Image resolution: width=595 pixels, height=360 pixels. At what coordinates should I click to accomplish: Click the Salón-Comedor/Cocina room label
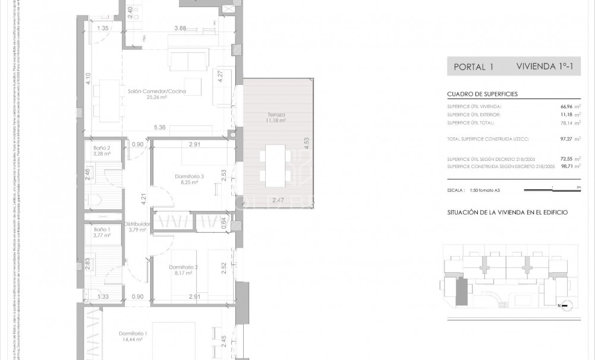click(x=157, y=91)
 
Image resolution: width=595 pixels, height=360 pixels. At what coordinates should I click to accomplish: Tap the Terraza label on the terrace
click(x=276, y=114)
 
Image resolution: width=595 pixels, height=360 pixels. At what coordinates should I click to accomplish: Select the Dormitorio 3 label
click(x=190, y=176)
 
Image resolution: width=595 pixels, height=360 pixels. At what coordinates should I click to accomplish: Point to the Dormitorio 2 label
click(x=183, y=267)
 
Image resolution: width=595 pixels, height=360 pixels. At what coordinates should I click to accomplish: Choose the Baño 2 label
click(x=102, y=149)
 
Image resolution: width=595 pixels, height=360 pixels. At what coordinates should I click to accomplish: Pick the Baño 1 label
click(x=102, y=229)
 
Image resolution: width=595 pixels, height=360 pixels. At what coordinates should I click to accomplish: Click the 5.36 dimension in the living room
click(x=159, y=127)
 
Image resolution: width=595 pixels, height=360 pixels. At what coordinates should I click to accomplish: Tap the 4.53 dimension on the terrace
click(x=306, y=144)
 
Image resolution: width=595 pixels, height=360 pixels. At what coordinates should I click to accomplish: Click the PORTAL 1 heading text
click(x=473, y=67)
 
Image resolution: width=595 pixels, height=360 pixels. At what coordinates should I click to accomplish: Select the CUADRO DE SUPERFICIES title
click(x=482, y=94)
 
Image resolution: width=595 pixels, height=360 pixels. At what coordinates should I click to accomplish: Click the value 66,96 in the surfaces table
click(x=561, y=106)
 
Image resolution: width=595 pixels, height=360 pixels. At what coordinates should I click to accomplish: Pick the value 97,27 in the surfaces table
click(x=561, y=138)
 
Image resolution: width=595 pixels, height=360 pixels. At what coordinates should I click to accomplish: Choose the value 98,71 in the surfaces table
click(x=561, y=168)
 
